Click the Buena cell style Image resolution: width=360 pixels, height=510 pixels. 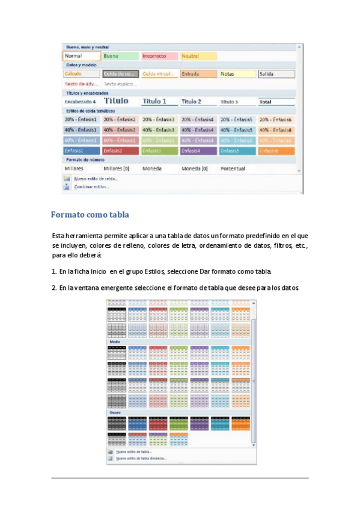pos(120,56)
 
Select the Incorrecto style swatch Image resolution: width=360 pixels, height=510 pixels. pos(159,56)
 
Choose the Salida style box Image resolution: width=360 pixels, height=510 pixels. pos(276,74)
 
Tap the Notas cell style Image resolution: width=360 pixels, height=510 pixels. pos(237,74)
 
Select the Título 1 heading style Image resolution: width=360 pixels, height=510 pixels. pos(159,102)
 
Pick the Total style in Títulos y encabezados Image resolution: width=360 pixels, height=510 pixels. pos(276,102)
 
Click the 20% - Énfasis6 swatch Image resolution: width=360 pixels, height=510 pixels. pos(276,120)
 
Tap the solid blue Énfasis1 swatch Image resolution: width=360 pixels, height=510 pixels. pos(81,150)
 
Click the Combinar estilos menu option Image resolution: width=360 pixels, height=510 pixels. pos(91,187)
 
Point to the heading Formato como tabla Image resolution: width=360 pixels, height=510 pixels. pos(90,215)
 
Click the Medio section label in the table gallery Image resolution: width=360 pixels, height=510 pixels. pos(114,342)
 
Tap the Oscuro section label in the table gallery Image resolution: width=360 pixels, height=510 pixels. pos(115,412)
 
